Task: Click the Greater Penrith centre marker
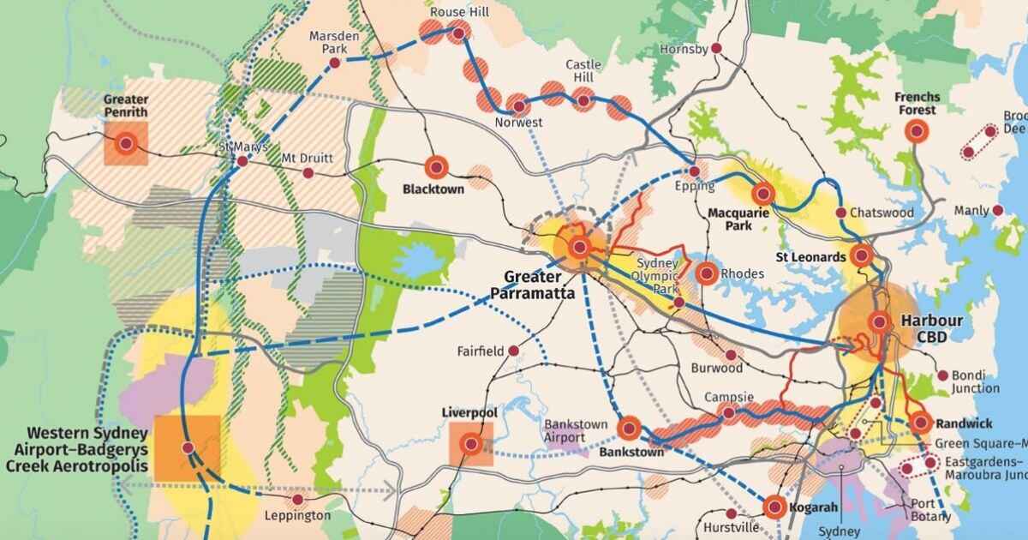(126, 143)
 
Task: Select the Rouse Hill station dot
(459, 33)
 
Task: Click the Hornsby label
(684, 49)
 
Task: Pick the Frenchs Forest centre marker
(917, 131)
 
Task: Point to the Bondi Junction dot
(942, 375)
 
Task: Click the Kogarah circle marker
(774, 507)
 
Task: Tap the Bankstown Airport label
(577, 430)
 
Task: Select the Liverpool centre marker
(470, 444)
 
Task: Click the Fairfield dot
(513, 351)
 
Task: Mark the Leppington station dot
(297, 500)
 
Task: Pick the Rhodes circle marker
(707, 274)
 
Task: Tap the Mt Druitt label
(308, 158)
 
